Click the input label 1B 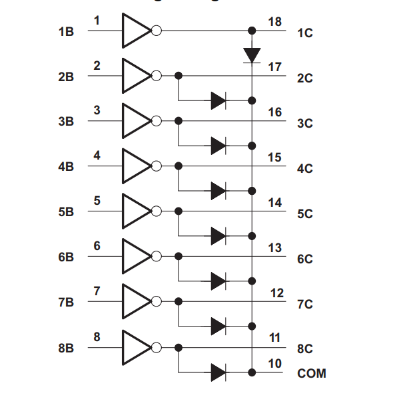point(66,32)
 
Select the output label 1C point(305,33)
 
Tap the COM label point(312,373)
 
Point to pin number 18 point(274,21)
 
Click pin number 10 point(274,364)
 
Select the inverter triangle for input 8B point(136,347)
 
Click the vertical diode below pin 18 point(252,54)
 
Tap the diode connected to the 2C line point(218,100)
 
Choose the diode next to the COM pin point(218,372)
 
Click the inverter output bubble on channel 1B point(157,31)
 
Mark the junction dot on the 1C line point(252,31)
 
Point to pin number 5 point(97,200)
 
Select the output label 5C point(305,214)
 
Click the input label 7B point(66,303)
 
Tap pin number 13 point(274,248)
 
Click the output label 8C point(305,348)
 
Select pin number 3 point(97,110)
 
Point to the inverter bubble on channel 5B point(157,211)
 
